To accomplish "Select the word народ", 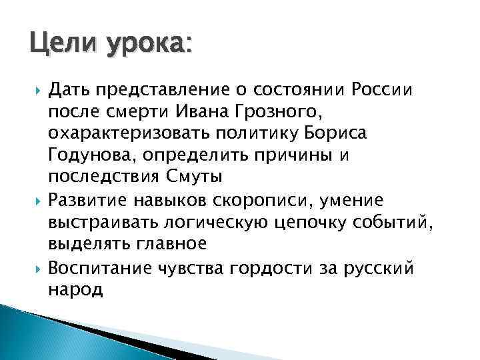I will [75, 291].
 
